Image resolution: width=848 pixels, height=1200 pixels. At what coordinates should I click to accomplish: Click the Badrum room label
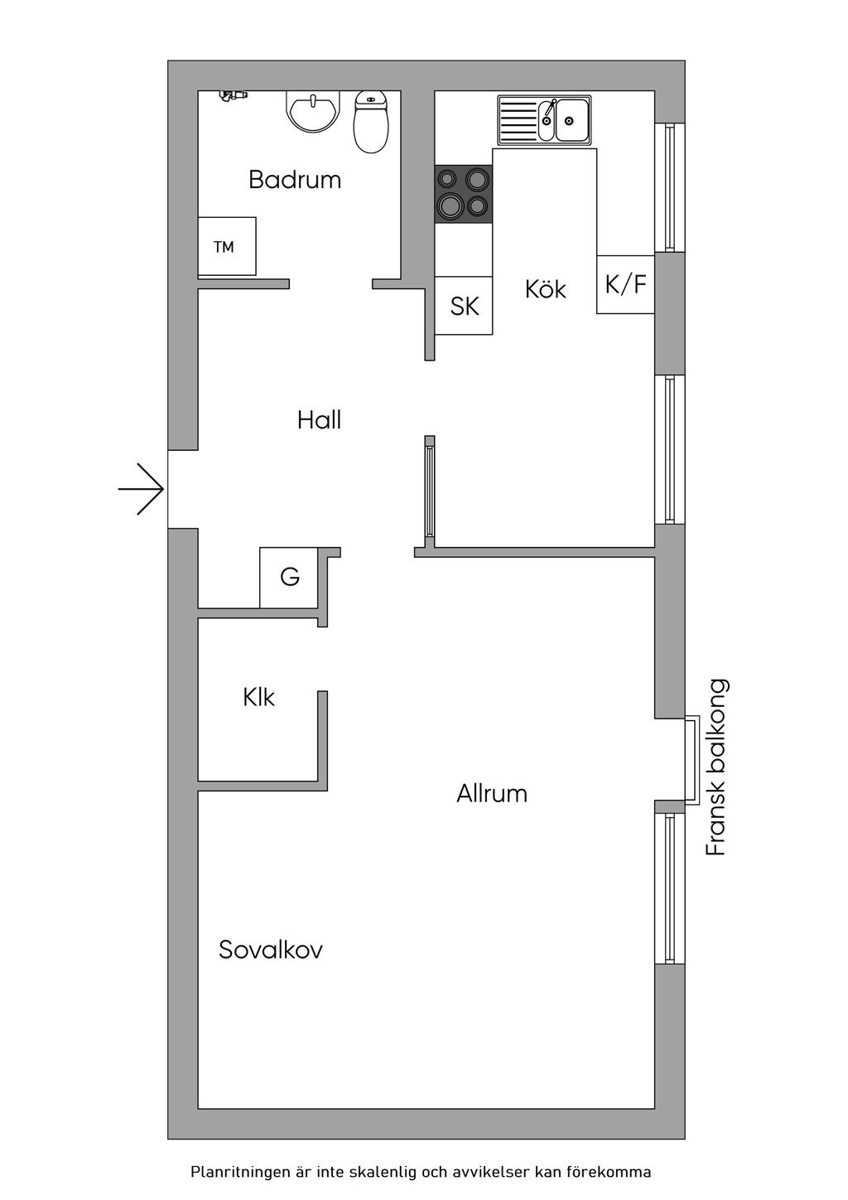[295, 180]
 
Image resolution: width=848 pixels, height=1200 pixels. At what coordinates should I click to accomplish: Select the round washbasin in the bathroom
[313, 111]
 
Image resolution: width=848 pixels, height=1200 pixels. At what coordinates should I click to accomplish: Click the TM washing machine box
[226, 247]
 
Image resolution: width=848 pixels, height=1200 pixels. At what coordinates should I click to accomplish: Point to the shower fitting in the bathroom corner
[233, 96]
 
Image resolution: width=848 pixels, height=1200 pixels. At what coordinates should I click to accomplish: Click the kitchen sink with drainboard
[543, 119]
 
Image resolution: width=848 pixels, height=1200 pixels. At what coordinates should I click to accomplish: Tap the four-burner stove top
[464, 193]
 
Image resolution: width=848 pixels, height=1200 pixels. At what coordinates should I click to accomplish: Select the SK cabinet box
[464, 306]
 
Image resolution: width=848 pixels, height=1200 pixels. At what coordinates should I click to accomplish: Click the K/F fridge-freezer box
[625, 284]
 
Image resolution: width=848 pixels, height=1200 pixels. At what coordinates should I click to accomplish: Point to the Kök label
[546, 289]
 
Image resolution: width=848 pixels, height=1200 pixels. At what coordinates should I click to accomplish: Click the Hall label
[319, 420]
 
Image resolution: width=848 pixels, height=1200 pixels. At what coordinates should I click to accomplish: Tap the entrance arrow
[142, 489]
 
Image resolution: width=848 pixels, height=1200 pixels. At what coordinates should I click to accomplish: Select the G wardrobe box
[289, 577]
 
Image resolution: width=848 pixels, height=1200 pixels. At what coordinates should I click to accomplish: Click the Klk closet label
[258, 697]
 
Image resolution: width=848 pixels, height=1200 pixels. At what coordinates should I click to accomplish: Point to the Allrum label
[492, 794]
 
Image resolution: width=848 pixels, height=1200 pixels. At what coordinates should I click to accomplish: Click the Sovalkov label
[270, 950]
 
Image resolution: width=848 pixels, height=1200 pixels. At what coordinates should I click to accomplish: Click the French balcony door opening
[690, 760]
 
